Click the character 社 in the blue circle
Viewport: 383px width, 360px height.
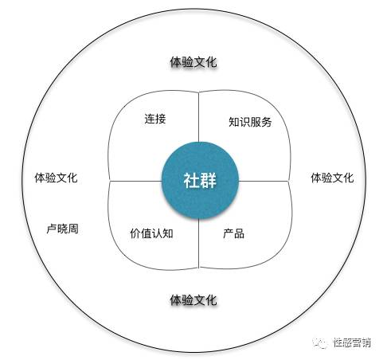pyautogui.click(x=191, y=181)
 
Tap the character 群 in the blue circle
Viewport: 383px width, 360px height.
pyautogui.click(x=209, y=181)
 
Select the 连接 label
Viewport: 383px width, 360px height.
pyautogui.click(x=155, y=119)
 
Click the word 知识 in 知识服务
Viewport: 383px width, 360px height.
pyautogui.click(x=240, y=122)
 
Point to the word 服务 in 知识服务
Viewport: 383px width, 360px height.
pyautogui.click(x=261, y=122)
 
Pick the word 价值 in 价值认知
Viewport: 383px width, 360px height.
pyautogui.click(x=141, y=233)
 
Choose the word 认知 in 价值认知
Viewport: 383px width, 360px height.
pyautogui.click(x=162, y=233)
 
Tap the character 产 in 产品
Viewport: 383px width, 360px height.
pyautogui.click(x=229, y=233)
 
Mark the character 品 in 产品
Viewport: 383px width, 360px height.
pyautogui.click(x=239, y=233)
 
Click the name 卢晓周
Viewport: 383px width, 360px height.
pyautogui.click(x=63, y=229)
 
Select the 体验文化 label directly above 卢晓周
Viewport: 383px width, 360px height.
pyautogui.click(x=56, y=178)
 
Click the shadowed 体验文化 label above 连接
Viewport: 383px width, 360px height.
pyautogui.click(x=193, y=62)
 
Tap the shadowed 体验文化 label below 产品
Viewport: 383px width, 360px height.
pyautogui.click(x=193, y=300)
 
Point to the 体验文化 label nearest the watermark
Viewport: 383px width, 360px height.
pyautogui.click(x=332, y=178)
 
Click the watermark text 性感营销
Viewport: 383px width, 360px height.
pyautogui.click(x=352, y=342)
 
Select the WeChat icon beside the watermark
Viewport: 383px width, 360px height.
pyautogui.click(x=321, y=342)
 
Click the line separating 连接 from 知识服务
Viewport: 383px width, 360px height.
pyautogui.click(x=199, y=117)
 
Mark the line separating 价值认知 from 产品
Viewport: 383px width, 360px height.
pyautogui.click(x=199, y=244)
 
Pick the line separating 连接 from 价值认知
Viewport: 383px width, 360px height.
pyautogui.click(x=135, y=182)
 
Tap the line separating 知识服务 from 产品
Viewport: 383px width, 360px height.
pyautogui.click(x=264, y=182)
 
